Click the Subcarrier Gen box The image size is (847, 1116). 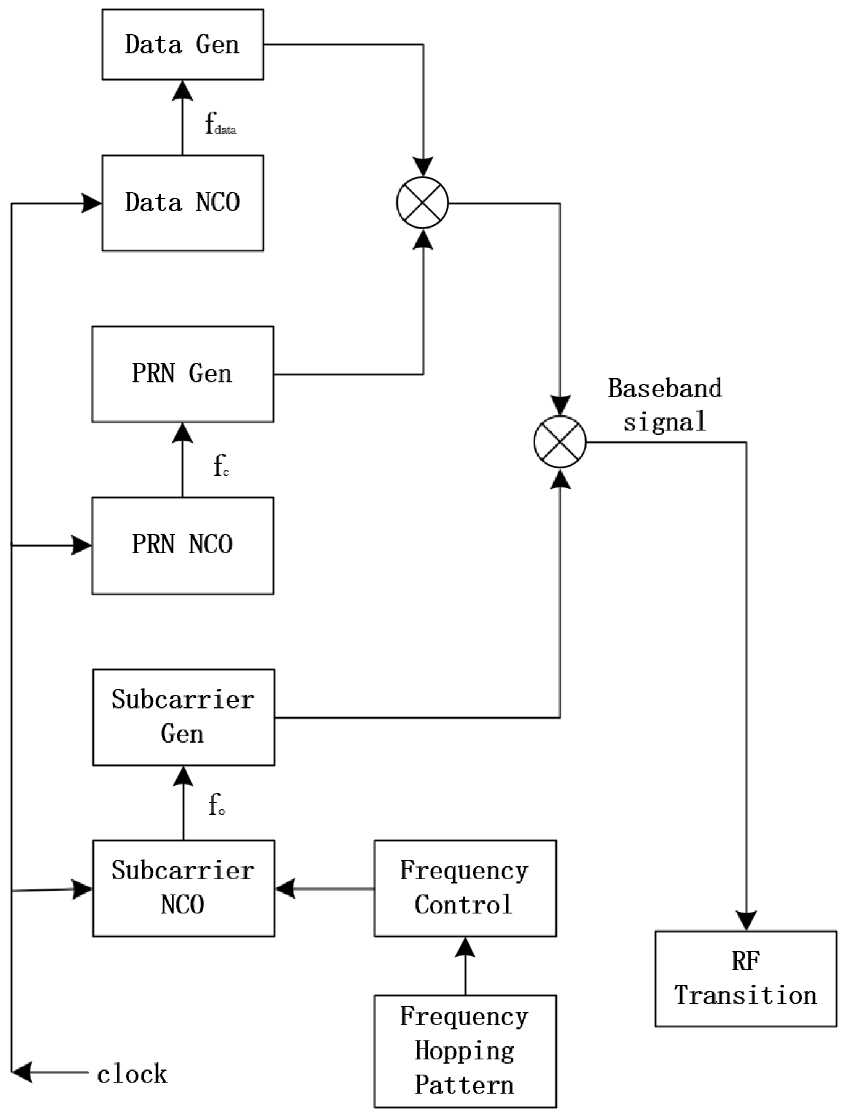pyautogui.click(x=183, y=717)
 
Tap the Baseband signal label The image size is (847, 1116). pyautogui.click(x=664, y=405)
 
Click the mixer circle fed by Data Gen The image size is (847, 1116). pyautogui.click(x=422, y=203)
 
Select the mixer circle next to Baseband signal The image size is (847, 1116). pyautogui.click(x=560, y=442)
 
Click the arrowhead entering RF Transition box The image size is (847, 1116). pyautogui.click(x=746, y=921)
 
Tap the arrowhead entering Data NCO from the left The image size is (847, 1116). pyautogui.click(x=92, y=204)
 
